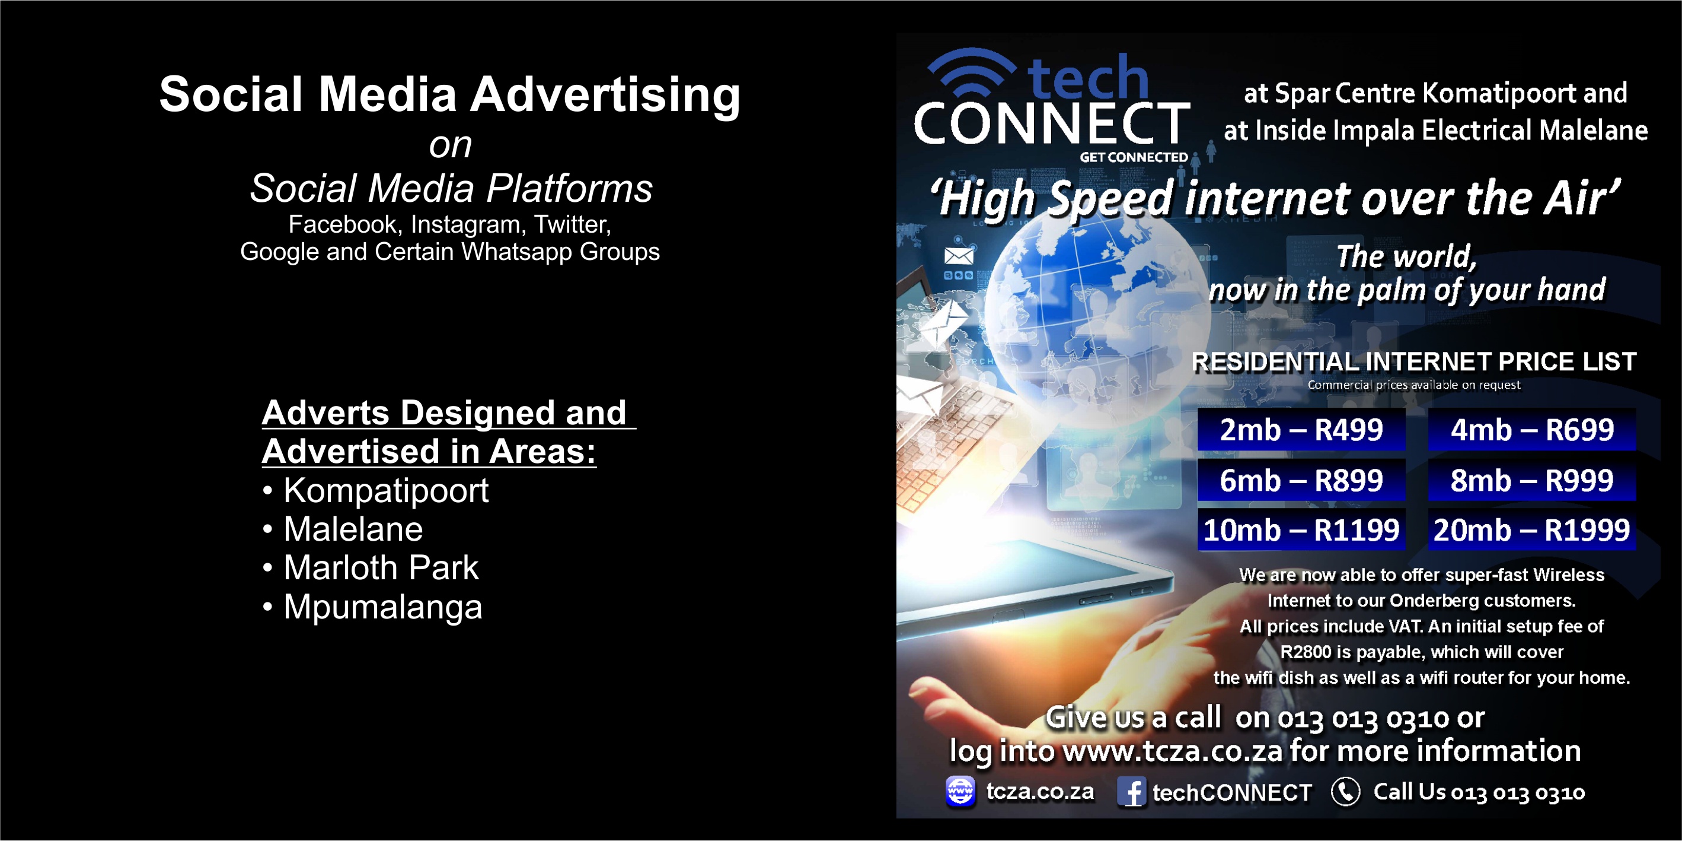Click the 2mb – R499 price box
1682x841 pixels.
pos(1301,429)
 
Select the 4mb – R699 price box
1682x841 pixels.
pos(1532,429)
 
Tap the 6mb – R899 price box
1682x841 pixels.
pos(1301,480)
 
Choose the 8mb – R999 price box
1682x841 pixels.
pos(1532,480)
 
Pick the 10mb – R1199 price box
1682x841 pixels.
pos(1301,529)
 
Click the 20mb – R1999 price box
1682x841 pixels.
pos(1532,529)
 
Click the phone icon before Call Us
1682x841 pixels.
pos(1346,792)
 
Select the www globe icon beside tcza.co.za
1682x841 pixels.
pos(960,791)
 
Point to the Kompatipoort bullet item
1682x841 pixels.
pos(375,491)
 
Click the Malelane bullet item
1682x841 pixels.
pos(343,529)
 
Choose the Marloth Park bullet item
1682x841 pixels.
pos(370,567)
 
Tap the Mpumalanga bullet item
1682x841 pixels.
pos(372,607)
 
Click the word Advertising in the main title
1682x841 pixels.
pos(605,96)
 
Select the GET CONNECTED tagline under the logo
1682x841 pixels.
pos(1134,157)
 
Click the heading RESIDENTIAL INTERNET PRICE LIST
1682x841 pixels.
pos(1414,361)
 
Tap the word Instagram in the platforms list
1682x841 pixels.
pos(466,224)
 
